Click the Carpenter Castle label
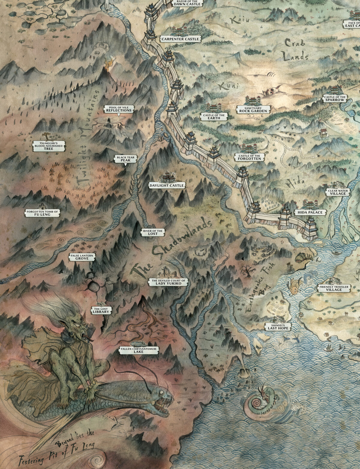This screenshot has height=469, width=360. [180, 39]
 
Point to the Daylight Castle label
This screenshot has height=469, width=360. [166, 186]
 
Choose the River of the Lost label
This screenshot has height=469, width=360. [153, 232]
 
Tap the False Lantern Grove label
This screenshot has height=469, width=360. [82, 257]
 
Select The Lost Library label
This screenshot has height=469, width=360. [101, 311]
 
